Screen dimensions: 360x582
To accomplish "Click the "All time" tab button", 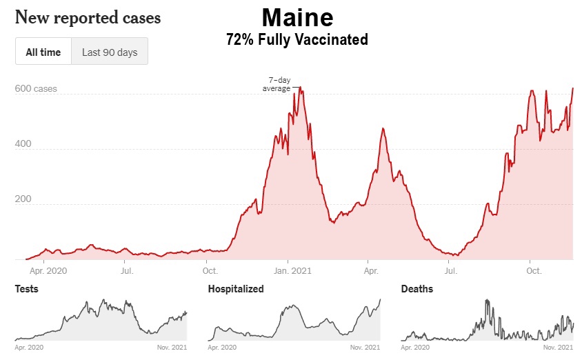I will (43, 52).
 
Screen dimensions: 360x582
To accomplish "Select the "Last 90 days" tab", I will (110, 52).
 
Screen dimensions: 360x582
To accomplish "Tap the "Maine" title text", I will (297, 17).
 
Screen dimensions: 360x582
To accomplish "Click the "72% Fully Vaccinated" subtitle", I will (297, 40).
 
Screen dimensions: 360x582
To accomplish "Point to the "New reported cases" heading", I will (88, 17).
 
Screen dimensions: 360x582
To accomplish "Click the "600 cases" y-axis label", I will (36, 89).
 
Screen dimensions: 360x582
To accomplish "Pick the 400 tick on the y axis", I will (23, 145).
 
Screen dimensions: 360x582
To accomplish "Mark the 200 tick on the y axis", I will (23, 199).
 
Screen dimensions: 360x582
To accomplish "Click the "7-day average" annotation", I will (277, 84).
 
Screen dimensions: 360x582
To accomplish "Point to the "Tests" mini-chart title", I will (26, 289).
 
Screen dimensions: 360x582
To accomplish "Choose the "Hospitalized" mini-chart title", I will (236, 289).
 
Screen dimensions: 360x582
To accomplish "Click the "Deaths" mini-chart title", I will (417, 289).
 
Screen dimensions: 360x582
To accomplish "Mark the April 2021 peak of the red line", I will (382, 129).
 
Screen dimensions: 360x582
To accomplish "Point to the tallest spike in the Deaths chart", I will (487, 301).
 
